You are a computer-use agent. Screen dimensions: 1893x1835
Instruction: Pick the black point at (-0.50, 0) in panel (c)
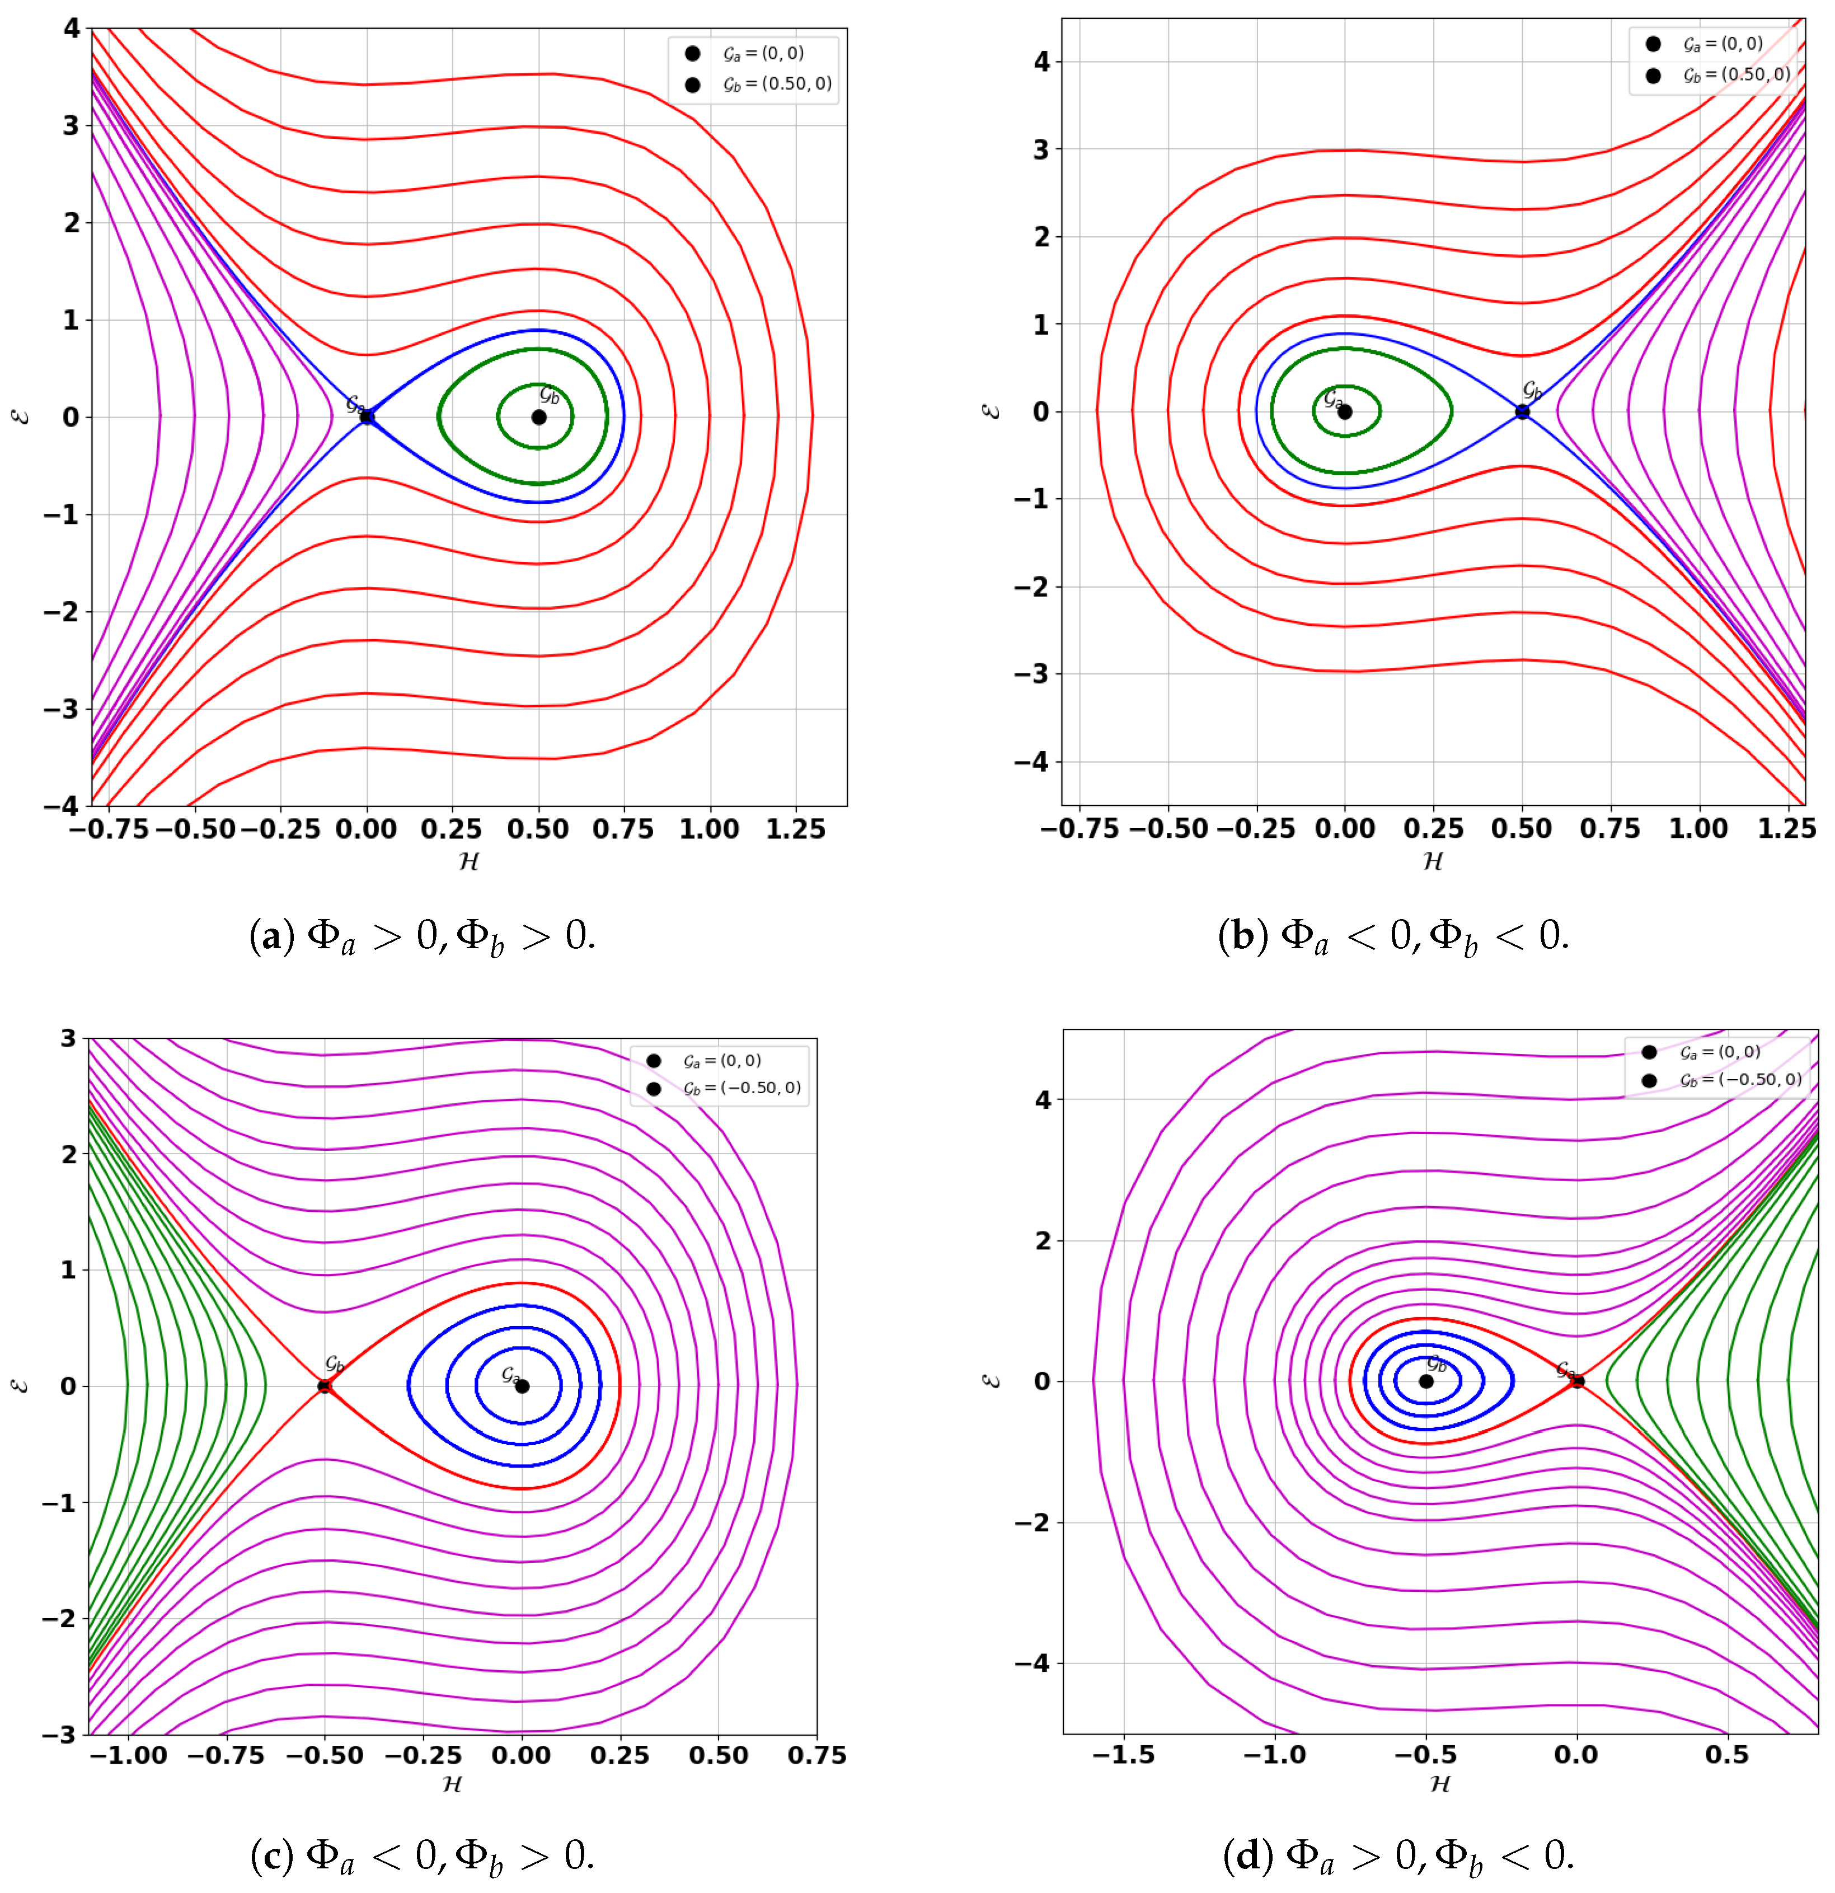click(x=325, y=1386)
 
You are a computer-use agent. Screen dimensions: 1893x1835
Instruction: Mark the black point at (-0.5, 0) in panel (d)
click(x=1425, y=1381)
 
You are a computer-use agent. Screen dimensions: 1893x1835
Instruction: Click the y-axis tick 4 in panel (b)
click(x=1041, y=62)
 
